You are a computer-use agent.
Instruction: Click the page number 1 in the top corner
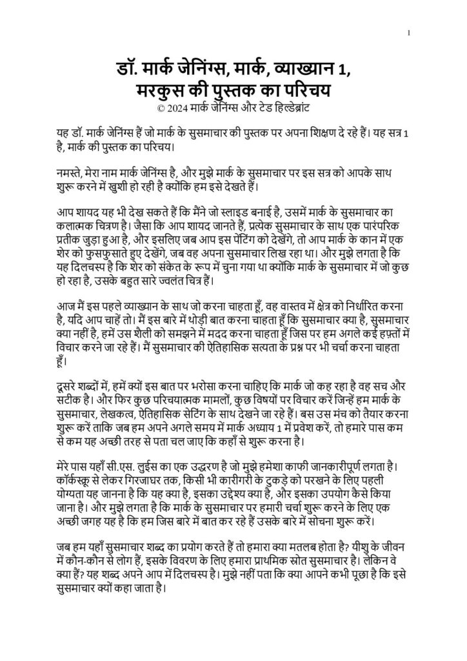(x=409, y=32)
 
